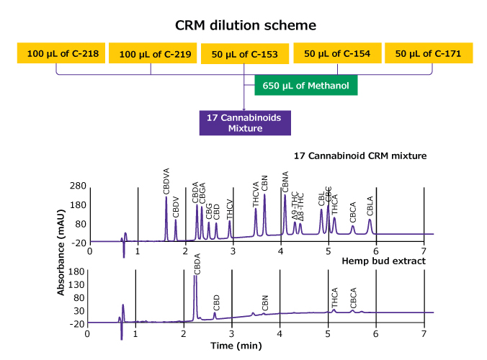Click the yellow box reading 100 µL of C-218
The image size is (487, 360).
click(x=61, y=53)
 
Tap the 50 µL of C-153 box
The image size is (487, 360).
click(x=245, y=53)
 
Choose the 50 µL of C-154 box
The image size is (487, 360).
click(x=337, y=53)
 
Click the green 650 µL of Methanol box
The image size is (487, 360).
click(x=306, y=86)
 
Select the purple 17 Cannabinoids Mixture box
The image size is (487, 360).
click(x=244, y=123)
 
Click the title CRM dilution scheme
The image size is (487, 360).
click(x=246, y=25)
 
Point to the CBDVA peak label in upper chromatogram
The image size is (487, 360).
click(x=166, y=181)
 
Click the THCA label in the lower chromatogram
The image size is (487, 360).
click(x=335, y=299)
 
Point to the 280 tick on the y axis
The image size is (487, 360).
click(x=77, y=186)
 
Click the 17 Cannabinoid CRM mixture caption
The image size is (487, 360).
click(x=361, y=156)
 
